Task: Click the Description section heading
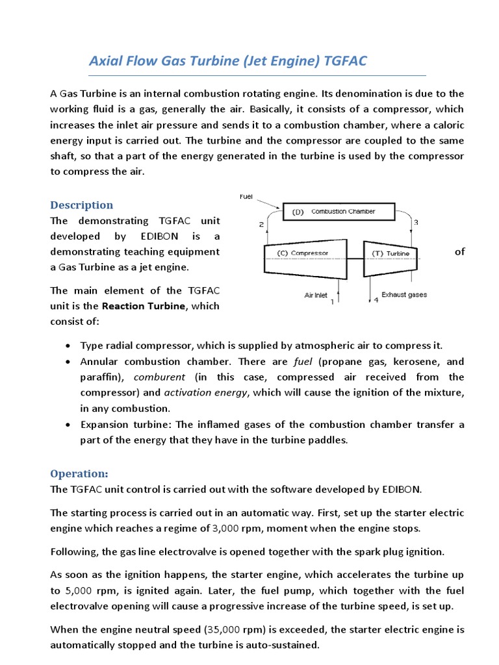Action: tap(82, 205)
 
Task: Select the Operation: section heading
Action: tap(80, 473)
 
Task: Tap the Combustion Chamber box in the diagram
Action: tap(338, 212)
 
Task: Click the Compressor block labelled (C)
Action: tap(303, 253)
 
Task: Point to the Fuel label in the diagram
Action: tap(246, 195)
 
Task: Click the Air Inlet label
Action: tap(316, 295)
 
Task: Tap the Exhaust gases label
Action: tap(404, 295)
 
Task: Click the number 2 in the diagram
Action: tap(261, 225)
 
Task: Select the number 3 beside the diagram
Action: tap(416, 223)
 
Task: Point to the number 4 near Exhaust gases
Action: tap(375, 301)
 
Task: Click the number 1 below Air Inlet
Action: tap(333, 302)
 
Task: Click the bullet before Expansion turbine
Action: tap(69, 425)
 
